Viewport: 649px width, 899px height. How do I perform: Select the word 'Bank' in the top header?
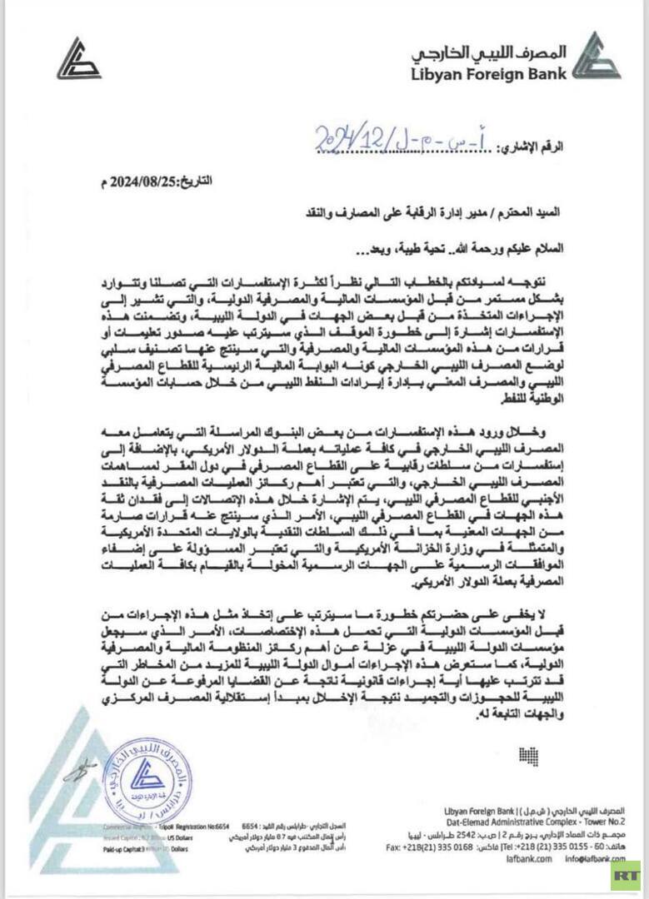click(x=547, y=73)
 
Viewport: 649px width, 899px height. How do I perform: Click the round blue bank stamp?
click(x=147, y=779)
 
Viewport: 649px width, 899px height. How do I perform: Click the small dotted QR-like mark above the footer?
click(x=529, y=756)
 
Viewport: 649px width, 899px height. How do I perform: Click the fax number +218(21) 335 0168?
click(x=430, y=847)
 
